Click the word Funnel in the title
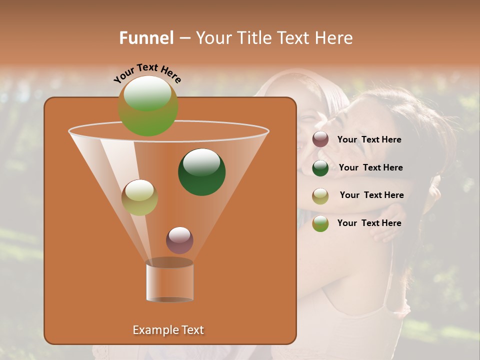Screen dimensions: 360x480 tap(146, 38)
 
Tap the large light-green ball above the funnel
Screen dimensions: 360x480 tap(148, 105)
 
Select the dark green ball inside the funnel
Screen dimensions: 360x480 tap(202, 172)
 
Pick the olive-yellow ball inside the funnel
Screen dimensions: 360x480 tap(139, 197)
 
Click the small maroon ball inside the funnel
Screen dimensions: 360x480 tap(179, 240)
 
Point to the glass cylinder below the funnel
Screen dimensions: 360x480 tap(169, 281)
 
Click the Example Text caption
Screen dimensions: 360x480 tap(168, 330)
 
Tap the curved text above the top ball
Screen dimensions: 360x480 tap(147, 72)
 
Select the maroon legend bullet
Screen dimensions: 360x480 tap(320, 139)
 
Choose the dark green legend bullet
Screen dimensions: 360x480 tap(320, 168)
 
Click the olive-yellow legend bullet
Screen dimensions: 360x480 tap(320, 196)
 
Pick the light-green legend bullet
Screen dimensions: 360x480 tap(320, 223)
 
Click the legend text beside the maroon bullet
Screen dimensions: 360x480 tap(369, 140)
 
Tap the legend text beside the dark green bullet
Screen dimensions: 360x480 tap(370, 168)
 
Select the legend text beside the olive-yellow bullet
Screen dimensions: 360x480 tap(371, 195)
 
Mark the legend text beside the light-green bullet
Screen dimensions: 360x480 tap(369, 223)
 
